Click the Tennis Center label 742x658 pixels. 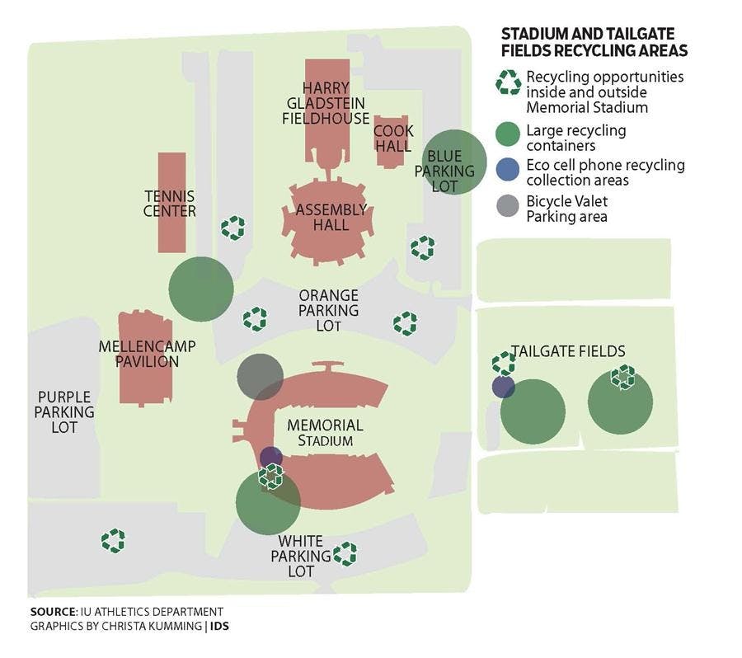(x=170, y=204)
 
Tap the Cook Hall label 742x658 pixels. (x=392, y=138)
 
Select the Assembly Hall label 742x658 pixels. (x=334, y=217)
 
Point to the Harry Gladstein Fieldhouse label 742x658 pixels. (x=326, y=103)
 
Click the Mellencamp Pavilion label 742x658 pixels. (x=147, y=354)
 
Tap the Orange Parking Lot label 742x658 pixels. (x=328, y=310)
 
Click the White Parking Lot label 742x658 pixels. (x=300, y=556)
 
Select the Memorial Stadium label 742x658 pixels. (x=325, y=433)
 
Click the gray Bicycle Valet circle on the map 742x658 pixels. (x=260, y=376)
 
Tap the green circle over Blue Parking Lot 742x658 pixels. (x=454, y=162)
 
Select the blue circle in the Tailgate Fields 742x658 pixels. (x=503, y=387)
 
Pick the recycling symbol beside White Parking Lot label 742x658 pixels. (x=345, y=555)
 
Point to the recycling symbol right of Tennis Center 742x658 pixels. (x=233, y=228)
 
